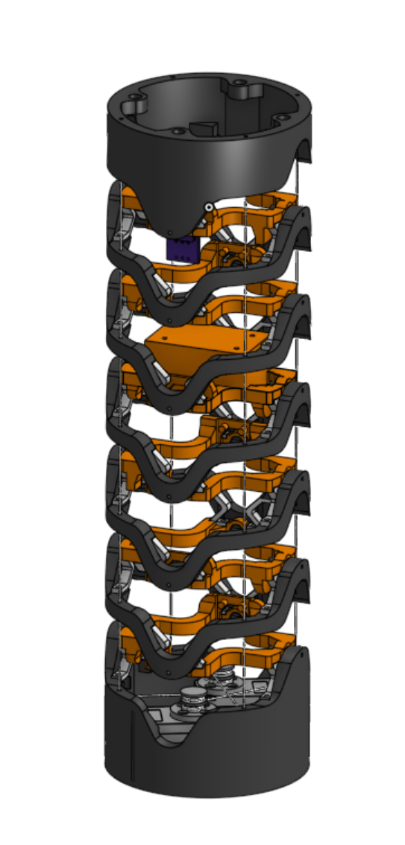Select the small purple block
[x=182, y=249]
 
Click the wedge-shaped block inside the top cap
[x=204, y=128]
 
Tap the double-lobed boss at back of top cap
[x=244, y=90]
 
